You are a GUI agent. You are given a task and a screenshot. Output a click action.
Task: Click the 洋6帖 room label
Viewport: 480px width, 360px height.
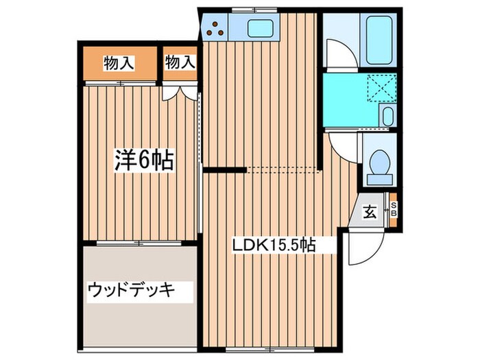point(143,162)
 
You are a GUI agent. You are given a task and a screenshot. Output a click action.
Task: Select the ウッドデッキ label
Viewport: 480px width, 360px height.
point(131,290)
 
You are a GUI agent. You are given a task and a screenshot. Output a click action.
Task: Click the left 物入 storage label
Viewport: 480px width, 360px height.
point(118,63)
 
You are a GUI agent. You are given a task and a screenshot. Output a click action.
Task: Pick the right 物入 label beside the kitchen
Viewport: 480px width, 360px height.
point(180,62)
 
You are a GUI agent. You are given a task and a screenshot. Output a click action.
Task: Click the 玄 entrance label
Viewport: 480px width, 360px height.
point(370,212)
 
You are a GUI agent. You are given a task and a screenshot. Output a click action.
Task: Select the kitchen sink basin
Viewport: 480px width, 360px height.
point(261,29)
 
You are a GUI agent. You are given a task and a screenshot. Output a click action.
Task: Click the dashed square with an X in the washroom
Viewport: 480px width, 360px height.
point(376,87)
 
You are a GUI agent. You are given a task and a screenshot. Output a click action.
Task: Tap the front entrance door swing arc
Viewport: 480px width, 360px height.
point(359,248)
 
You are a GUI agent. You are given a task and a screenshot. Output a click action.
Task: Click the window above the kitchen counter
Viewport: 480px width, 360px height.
point(249,10)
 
